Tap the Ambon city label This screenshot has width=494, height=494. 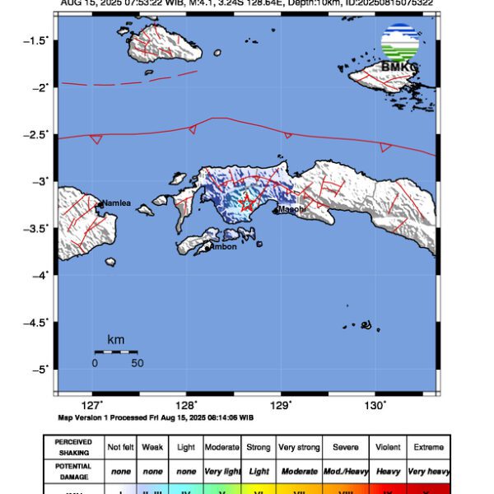tap(223, 247)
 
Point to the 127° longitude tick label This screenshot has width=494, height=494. tap(92, 404)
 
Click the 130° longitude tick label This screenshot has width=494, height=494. tap(375, 404)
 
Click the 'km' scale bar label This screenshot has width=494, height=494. tap(115, 339)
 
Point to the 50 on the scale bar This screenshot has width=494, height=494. tap(137, 362)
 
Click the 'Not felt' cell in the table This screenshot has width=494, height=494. tap(122, 447)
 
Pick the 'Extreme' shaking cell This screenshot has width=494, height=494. tap(428, 447)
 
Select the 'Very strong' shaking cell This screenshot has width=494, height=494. tap(298, 447)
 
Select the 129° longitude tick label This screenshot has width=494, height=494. tap(281, 404)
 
